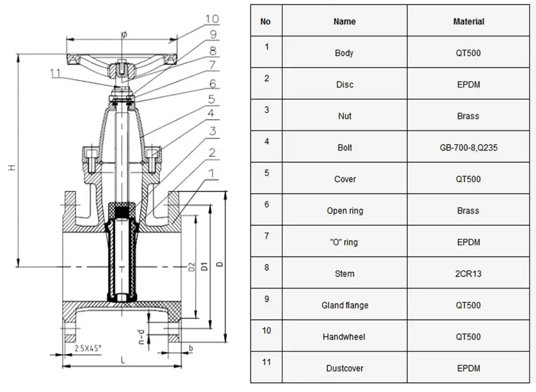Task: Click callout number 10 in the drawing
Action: (x=212, y=19)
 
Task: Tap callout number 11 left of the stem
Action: (x=55, y=73)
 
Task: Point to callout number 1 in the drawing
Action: (x=212, y=173)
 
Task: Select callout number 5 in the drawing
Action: (x=212, y=99)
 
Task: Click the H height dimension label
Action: (x=12, y=168)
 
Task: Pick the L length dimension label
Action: (x=123, y=360)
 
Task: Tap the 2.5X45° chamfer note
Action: (x=88, y=348)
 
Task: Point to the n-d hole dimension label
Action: (x=140, y=336)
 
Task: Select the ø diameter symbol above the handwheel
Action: (x=124, y=34)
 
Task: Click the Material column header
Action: (x=468, y=21)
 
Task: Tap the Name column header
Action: (x=345, y=21)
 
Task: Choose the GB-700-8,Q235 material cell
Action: (x=468, y=147)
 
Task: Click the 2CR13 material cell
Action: (x=468, y=273)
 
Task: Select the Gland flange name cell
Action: (x=345, y=305)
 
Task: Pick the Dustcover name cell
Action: (x=345, y=368)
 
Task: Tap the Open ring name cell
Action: (x=345, y=211)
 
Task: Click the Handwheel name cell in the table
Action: (x=345, y=337)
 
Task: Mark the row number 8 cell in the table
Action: (x=266, y=268)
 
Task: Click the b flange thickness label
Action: (x=191, y=349)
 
